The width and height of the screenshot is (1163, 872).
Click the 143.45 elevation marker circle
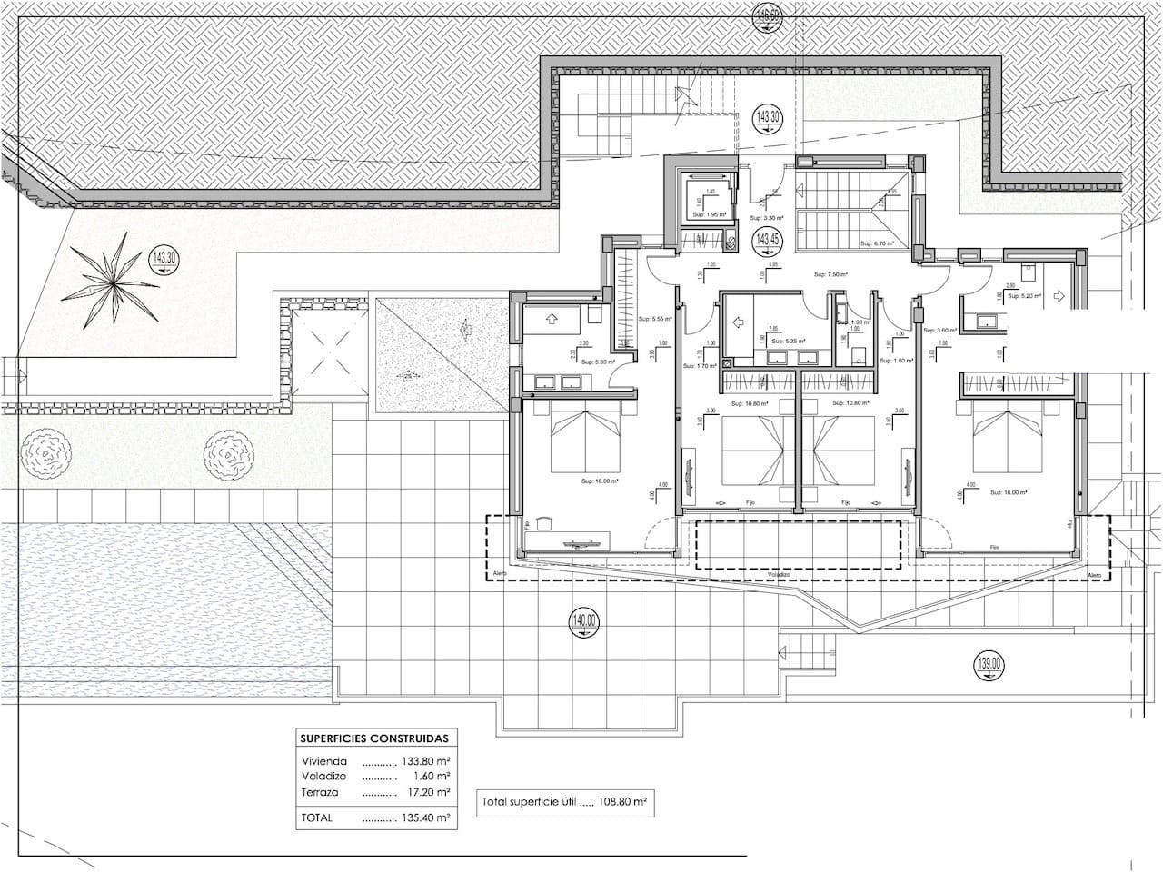coord(768,241)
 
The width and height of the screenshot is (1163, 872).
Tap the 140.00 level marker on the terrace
coord(585,622)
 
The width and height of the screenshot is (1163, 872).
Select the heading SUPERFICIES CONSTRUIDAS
coord(374,739)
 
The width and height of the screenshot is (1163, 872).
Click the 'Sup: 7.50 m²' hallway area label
coord(830,274)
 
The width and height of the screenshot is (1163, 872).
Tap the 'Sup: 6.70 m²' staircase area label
coord(878,244)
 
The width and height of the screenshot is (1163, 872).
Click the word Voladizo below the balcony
coord(779,575)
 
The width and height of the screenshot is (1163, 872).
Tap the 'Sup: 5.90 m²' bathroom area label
coord(575,362)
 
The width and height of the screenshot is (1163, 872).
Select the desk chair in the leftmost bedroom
coord(542,523)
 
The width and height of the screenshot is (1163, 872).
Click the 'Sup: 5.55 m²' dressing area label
coord(655,319)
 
